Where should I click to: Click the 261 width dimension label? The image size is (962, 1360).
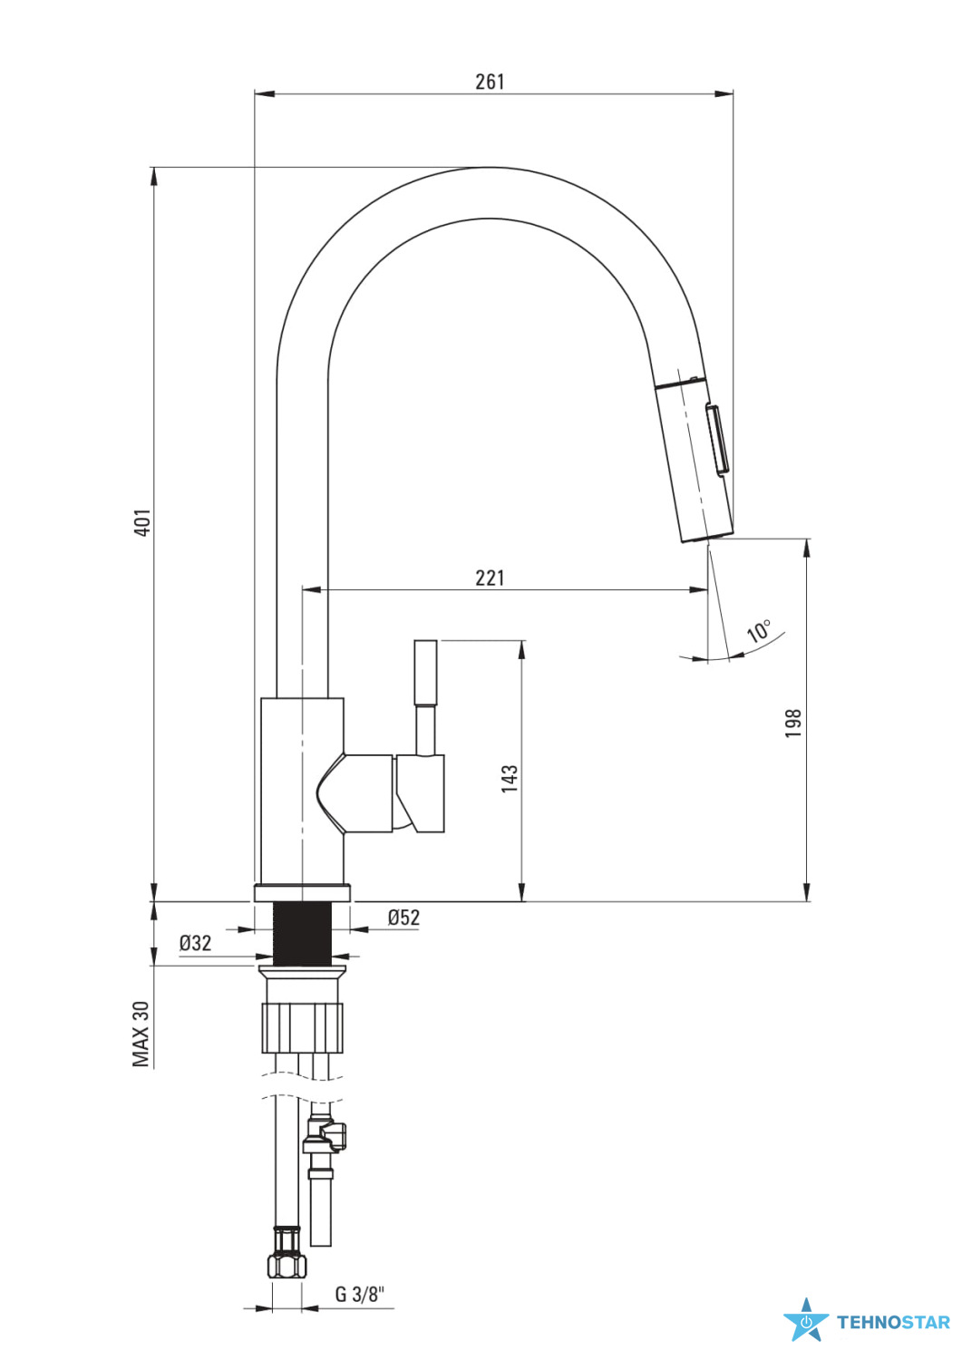490,82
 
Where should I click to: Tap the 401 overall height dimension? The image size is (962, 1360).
142,522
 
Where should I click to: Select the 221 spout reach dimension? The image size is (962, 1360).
490,578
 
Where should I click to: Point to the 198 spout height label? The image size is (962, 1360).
793,723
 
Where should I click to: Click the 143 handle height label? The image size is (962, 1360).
510,778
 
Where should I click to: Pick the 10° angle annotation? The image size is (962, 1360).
759,631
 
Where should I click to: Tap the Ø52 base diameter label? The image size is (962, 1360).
403,917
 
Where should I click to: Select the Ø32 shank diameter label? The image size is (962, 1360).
196,943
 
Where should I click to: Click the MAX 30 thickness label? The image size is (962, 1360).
141,1034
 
